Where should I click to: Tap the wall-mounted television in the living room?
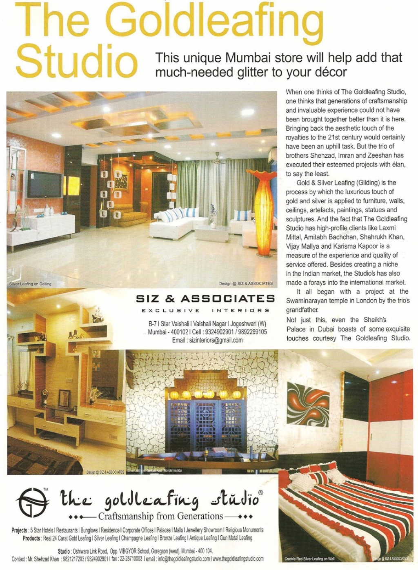(x=44, y=185)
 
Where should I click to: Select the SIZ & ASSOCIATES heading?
(x=205, y=298)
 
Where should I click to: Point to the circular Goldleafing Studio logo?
(x=32, y=502)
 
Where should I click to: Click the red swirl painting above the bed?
(x=308, y=404)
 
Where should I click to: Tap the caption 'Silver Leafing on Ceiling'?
(x=30, y=284)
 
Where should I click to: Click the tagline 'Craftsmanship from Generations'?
(x=160, y=516)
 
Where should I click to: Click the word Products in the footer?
(x=31, y=538)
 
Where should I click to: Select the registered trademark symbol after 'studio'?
(x=260, y=493)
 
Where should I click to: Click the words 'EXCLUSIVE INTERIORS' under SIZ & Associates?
(x=205, y=311)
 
